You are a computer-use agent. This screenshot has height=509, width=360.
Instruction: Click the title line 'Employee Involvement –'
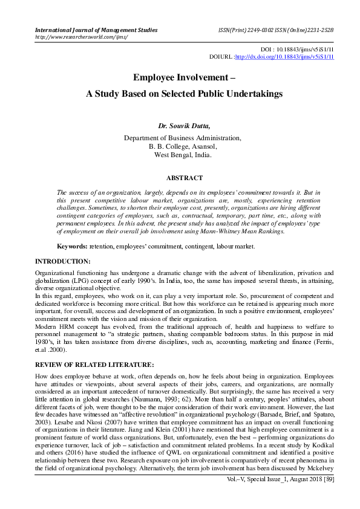(180, 78)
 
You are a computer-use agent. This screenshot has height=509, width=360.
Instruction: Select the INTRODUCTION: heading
(63, 262)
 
